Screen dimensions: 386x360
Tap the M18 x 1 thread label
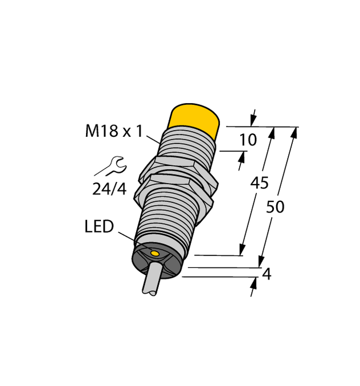[x=114, y=132]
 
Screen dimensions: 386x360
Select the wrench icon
[x=109, y=166]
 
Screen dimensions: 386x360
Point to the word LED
[x=99, y=227]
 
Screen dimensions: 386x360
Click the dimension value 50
[x=276, y=207]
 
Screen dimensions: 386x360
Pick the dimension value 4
[x=265, y=274]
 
